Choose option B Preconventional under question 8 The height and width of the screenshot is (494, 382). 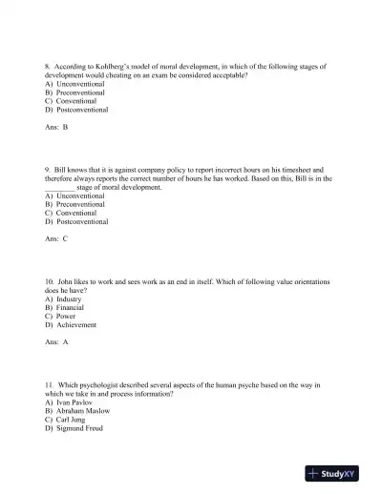(x=76, y=93)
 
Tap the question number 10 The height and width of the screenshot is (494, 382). (x=50, y=281)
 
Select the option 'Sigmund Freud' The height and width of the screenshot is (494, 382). (x=78, y=428)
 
